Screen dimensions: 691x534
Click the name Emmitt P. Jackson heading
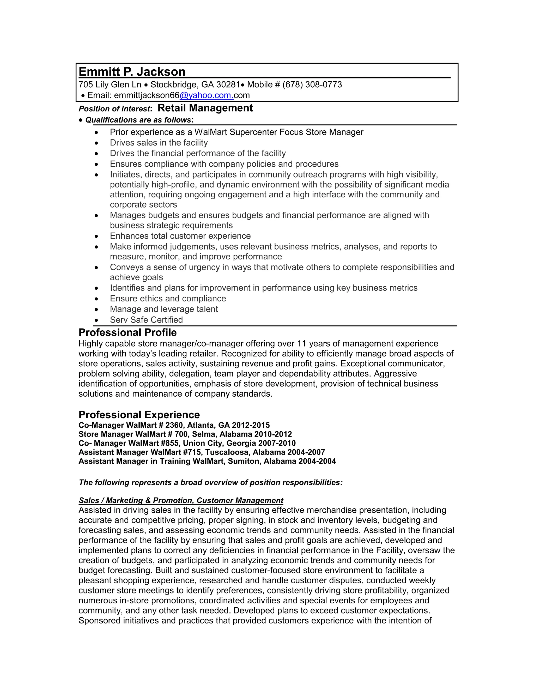[x=132, y=72]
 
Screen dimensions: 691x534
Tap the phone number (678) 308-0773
[x=312, y=85]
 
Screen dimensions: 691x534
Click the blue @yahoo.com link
[x=206, y=95]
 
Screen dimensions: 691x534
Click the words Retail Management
[x=205, y=108]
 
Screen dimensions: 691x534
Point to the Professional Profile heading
[x=128, y=332]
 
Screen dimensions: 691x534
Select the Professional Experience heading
[x=139, y=415]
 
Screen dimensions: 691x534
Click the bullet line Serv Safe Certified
[x=146, y=320]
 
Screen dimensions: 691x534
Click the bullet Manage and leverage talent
[x=163, y=309]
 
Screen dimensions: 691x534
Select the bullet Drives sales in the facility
[x=159, y=143]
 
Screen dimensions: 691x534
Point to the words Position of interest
[x=114, y=109]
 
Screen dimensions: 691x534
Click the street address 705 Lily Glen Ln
[x=110, y=85]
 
